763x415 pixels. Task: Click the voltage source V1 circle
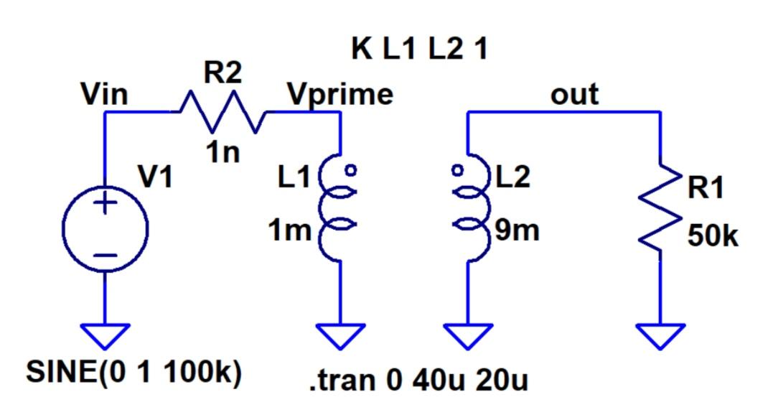coord(105,229)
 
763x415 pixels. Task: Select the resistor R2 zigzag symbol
coord(223,113)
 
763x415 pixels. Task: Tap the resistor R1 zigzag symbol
coord(660,208)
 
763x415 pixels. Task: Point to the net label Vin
coord(105,95)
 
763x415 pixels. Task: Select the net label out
coord(574,94)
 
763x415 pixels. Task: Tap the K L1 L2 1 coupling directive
coord(419,50)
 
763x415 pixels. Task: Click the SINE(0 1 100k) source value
coord(133,374)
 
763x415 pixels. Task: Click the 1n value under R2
coord(225,153)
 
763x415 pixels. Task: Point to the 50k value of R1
coord(712,237)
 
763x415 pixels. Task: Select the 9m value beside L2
coord(516,231)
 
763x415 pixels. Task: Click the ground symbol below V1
coord(105,335)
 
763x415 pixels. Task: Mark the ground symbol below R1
coord(660,335)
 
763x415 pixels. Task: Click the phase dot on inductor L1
coord(352,171)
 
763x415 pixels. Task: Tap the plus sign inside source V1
coord(105,204)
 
